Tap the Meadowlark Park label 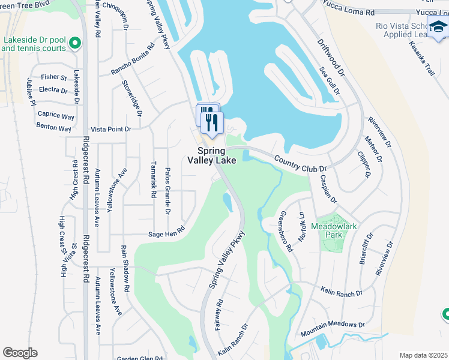click(327, 231)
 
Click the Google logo click(20, 353)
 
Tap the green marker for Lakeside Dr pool click(75, 43)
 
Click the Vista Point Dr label click(110, 129)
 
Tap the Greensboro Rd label click(285, 231)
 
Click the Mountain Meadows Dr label click(329, 324)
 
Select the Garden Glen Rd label click(140, 359)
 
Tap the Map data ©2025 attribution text click(424, 355)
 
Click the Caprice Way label click(56, 115)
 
